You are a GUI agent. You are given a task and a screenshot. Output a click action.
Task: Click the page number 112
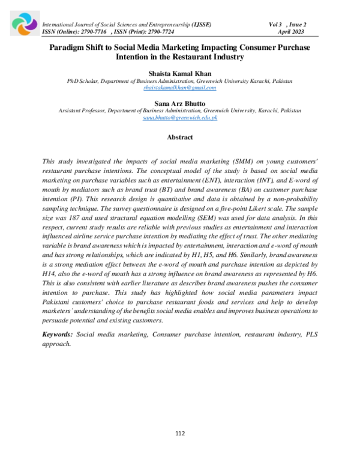(180, 434)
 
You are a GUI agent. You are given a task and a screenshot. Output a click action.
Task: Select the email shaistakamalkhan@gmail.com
(180, 88)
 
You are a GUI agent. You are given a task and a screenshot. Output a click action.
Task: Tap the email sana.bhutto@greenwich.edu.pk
(180, 118)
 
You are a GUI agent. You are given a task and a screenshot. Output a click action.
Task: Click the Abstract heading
(180, 138)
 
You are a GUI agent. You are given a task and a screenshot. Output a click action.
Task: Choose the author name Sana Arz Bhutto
(180, 103)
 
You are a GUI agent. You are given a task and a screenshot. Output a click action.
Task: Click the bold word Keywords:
(58, 333)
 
